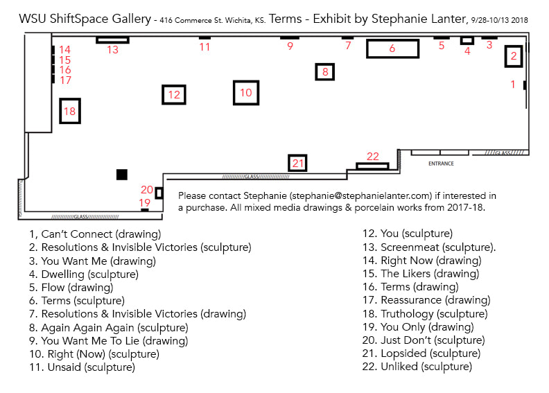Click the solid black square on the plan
click(x=122, y=174)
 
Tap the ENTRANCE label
click(x=441, y=164)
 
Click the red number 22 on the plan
click(x=373, y=156)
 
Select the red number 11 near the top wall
click(x=204, y=47)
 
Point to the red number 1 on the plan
click(x=513, y=84)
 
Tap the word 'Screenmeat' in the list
click(x=410, y=247)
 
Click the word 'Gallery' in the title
click(x=131, y=19)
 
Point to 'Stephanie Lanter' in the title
click(x=419, y=19)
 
